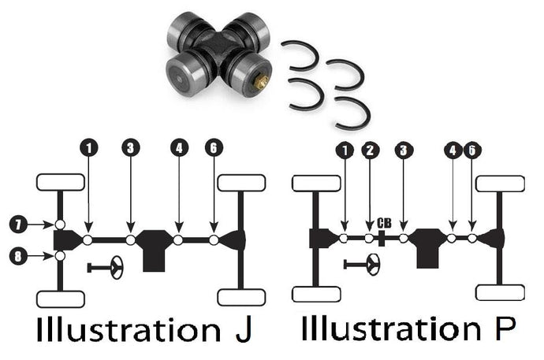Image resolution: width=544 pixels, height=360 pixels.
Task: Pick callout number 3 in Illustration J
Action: click(x=130, y=148)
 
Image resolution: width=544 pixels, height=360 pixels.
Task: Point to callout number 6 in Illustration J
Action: click(x=214, y=148)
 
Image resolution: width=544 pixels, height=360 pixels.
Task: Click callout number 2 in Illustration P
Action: click(x=369, y=150)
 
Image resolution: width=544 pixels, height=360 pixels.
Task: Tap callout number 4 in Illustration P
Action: click(x=452, y=150)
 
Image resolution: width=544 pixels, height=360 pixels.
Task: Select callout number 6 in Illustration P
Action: click(x=471, y=150)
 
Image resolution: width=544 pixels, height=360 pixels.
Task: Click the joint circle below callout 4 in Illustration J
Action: click(x=179, y=239)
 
